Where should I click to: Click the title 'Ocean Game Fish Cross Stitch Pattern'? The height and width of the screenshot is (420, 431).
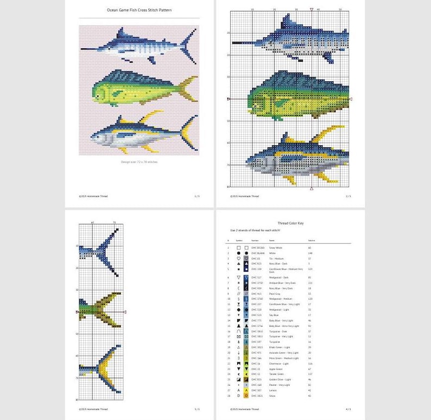[x=140, y=10]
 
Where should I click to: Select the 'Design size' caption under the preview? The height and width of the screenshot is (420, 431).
[x=140, y=161]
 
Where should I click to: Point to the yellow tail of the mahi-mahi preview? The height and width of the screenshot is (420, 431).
[x=189, y=88]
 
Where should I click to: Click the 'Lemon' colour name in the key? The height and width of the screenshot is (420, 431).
[x=273, y=390]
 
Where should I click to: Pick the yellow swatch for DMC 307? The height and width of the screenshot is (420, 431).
[x=246, y=390]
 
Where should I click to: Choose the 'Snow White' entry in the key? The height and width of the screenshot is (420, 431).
[x=275, y=247]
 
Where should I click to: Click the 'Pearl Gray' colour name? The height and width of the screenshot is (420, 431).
[x=275, y=294]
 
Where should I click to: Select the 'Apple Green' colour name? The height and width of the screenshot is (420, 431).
[x=276, y=368]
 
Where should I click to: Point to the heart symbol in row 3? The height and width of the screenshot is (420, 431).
[x=238, y=259]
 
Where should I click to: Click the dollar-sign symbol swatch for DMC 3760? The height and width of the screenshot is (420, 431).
[x=246, y=299]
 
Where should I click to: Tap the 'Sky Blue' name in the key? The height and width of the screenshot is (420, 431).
[x=274, y=315]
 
